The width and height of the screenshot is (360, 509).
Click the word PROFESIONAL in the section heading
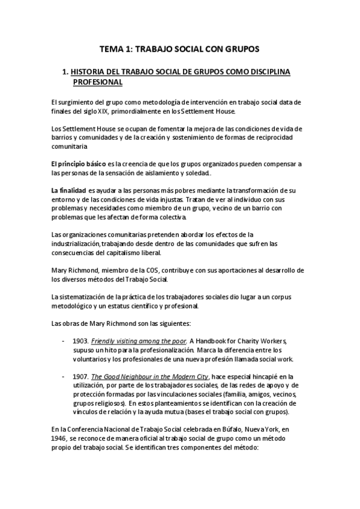98,82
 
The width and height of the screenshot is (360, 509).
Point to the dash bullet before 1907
64,376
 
